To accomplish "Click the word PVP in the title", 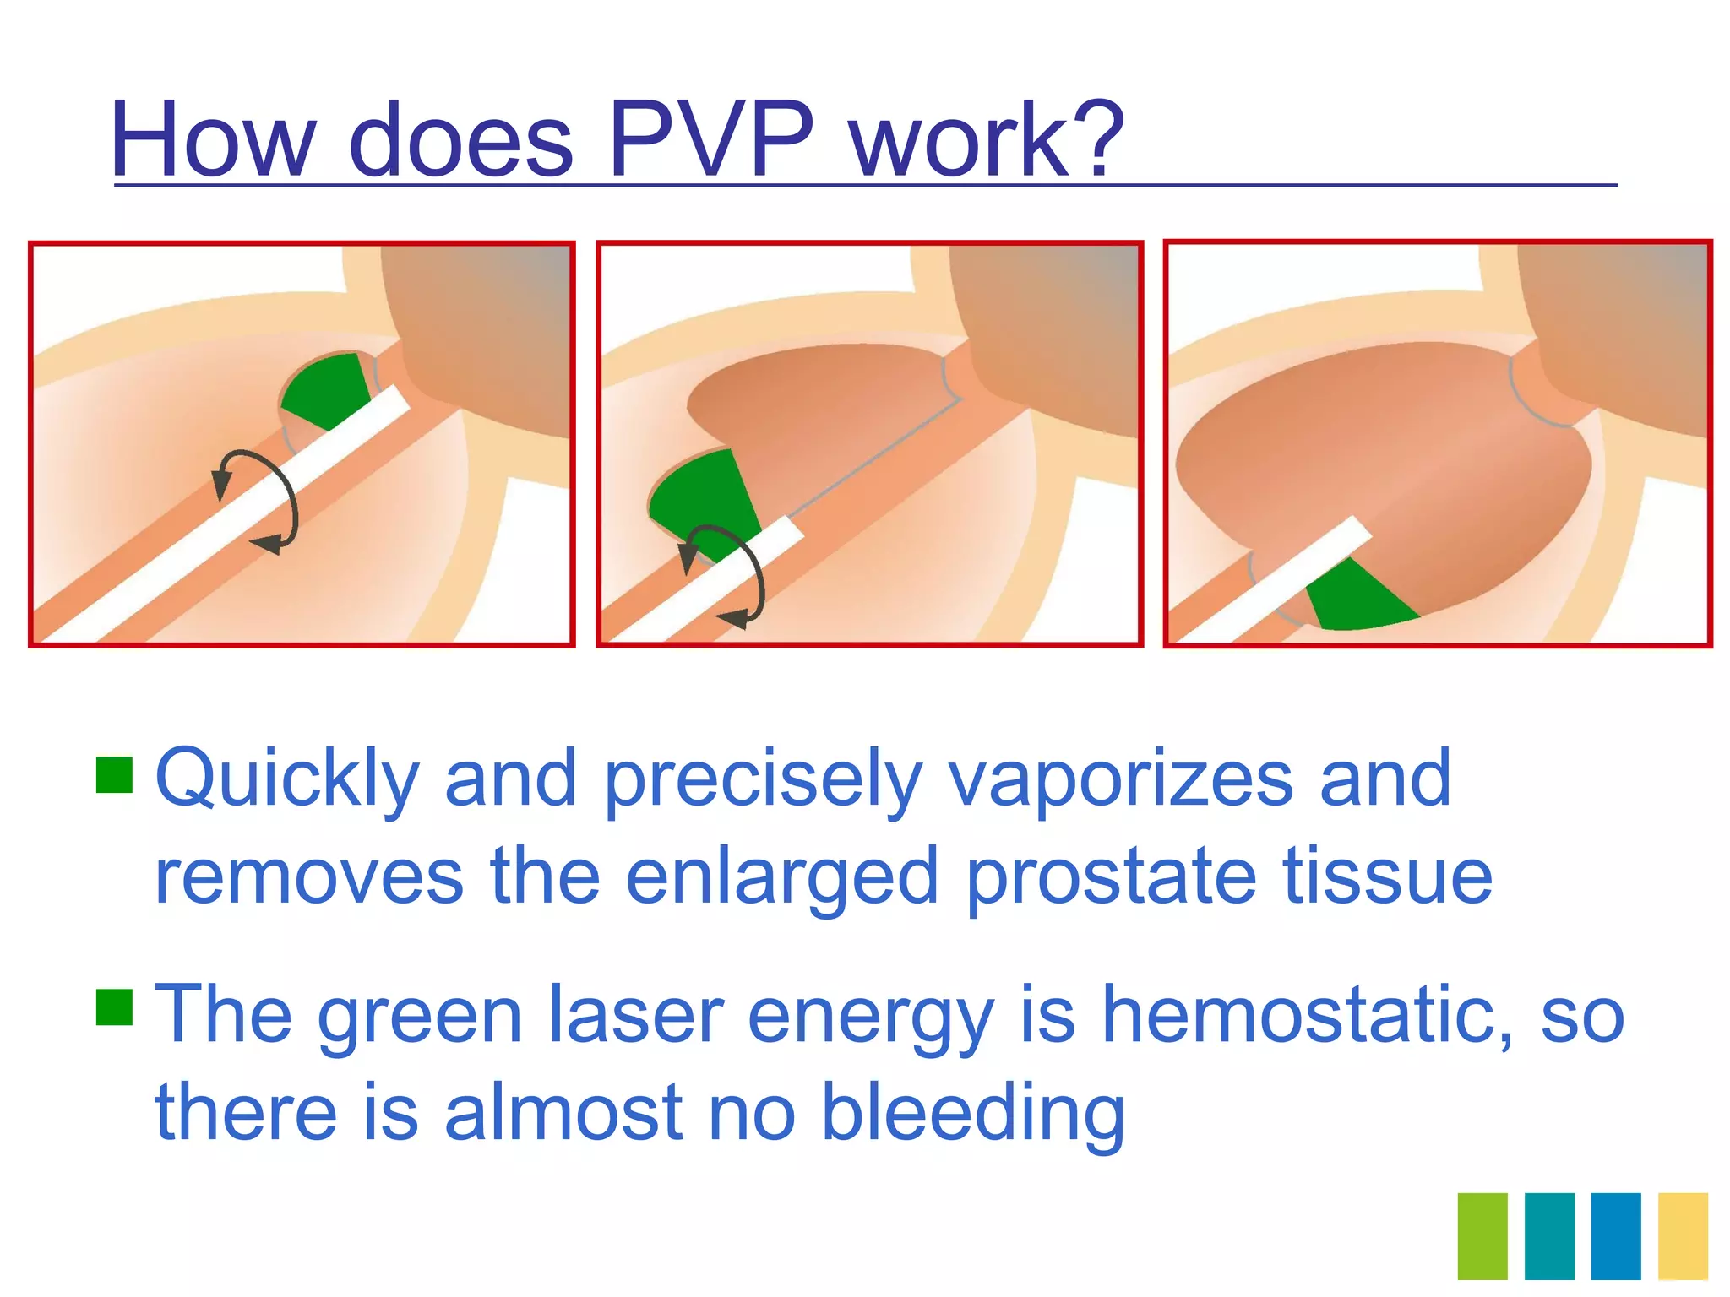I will pyautogui.click(x=711, y=139).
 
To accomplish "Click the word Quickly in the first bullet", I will pyautogui.click(x=287, y=779).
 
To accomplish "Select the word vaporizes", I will pyautogui.click(x=1120, y=779).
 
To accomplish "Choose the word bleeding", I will pyautogui.click(x=972, y=1113).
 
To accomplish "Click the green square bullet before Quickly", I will pyautogui.click(x=114, y=774).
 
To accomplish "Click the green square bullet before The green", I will pyautogui.click(x=114, y=1007).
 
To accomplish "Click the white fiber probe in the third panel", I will pyautogui.click(x=1267, y=583).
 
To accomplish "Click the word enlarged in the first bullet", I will pyautogui.click(x=781, y=876).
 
